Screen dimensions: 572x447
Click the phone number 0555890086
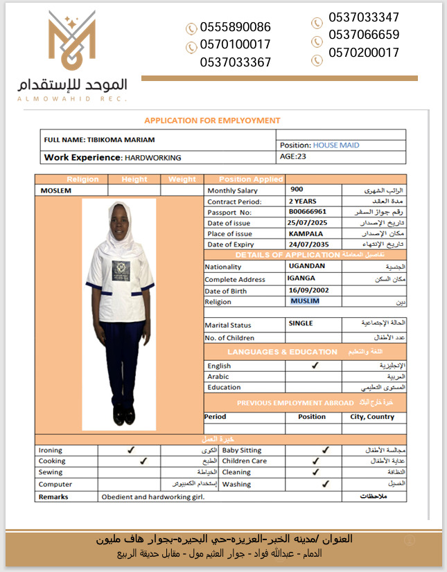coord(235,28)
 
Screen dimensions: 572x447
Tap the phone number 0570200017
coord(364,53)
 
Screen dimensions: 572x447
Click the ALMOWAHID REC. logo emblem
coord(72,41)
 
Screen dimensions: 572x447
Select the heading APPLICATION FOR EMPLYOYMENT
coord(212,120)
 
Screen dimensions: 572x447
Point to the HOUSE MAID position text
coord(336,145)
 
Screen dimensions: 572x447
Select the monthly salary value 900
coord(297,189)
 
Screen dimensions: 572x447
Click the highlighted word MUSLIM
coord(305,301)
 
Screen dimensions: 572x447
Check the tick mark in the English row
coord(315,365)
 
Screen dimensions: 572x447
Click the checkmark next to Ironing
coord(131,450)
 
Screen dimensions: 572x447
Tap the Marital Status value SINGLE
coord(301,323)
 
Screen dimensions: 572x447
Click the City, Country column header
coord(372,417)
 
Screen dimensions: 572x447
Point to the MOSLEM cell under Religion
coord(56,190)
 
